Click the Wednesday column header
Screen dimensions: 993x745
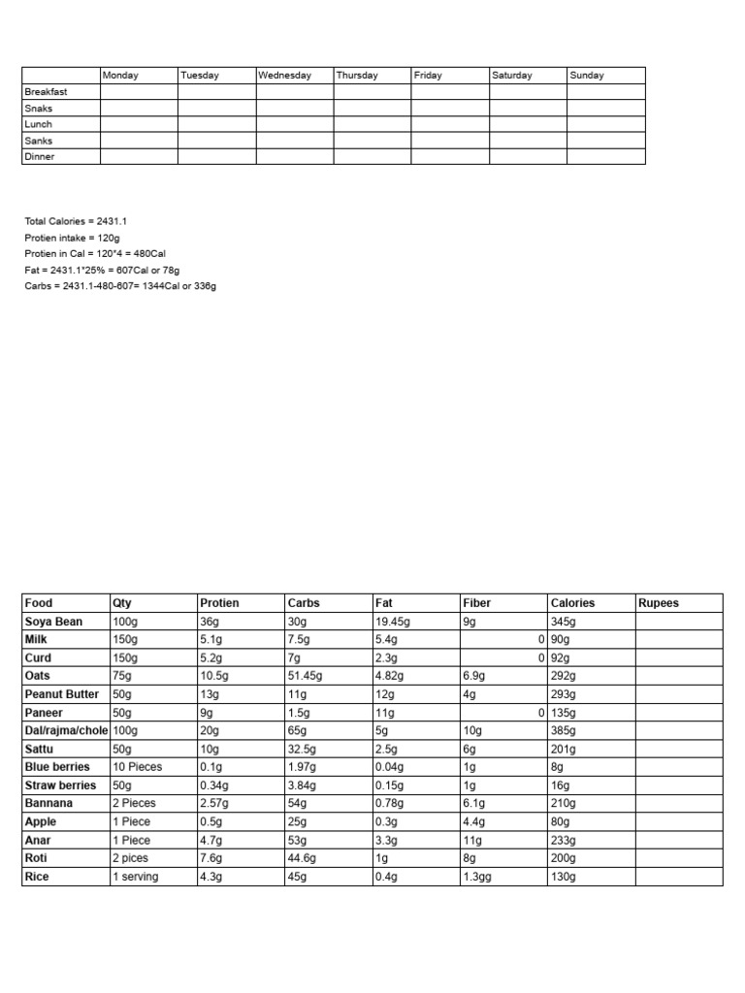tap(285, 76)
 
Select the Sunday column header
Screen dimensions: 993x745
tap(587, 76)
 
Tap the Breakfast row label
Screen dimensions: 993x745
tap(46, 92)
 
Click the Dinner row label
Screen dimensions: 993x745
tap(40, 157)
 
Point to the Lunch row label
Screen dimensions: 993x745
tap(39, 124)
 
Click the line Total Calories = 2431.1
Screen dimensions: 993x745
tap(76, 221)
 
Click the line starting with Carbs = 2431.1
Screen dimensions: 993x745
tap(120, 287)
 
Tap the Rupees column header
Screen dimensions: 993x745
tap(659, 603)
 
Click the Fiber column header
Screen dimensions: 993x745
tap(477, 603)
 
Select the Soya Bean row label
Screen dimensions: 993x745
tap(53, 622)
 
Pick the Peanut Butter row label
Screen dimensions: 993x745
tap(62, 694)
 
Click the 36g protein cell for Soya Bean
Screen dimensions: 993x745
tap(210, 622)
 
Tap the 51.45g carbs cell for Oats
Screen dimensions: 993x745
tap(306, 676)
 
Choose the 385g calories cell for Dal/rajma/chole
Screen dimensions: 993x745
tap(564, 730)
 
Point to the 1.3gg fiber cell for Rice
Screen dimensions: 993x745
tap(480, 877)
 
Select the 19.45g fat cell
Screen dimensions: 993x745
tap(393, 622)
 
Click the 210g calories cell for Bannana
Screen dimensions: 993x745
tap(564, 804)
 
